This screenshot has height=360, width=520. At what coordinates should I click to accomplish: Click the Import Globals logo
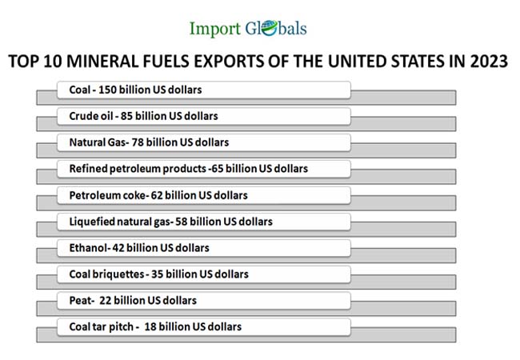click(x=247, y=29)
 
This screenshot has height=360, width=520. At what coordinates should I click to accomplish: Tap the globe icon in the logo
click(x=266, y=30)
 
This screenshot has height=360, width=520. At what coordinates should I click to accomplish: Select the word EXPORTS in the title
click(x=237, y=62)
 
